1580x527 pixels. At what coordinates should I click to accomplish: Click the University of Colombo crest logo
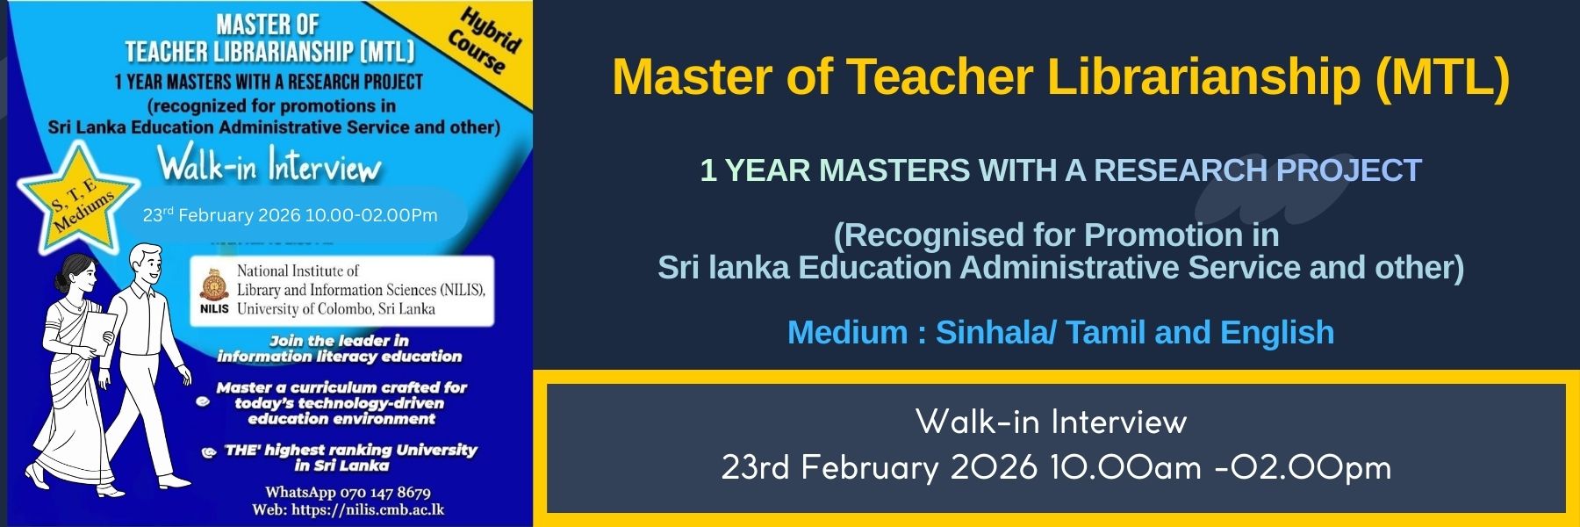click(x=214, y=285)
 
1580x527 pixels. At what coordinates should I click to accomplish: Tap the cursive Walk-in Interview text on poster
click(x=269, y=164)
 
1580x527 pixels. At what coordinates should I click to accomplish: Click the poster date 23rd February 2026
click(x=222, y=215)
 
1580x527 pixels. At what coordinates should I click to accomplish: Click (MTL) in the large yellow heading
click(x=1442, y=76)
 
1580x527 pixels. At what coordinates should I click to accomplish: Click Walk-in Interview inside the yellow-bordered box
click(x=1051, y=422)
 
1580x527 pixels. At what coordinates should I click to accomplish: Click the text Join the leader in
click(x=339, y=341)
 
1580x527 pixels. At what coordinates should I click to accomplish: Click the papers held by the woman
click(x=97, y=334)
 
